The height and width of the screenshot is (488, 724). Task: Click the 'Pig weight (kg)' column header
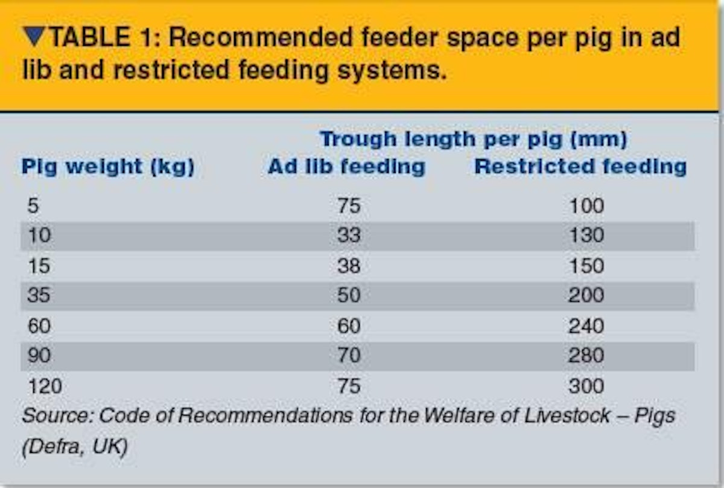(108, 167)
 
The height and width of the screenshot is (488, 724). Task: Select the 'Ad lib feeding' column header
(346, 166)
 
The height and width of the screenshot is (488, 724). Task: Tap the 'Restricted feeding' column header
(580, 166)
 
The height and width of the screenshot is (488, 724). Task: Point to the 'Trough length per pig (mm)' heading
(474, 140)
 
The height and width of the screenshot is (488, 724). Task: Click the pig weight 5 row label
(33, 206)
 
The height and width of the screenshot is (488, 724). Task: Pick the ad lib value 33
(349, 235)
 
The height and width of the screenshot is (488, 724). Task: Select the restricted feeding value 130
(586, 235)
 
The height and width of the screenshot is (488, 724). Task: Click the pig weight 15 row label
(39, 266)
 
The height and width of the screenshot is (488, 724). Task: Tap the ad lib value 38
(349, 266)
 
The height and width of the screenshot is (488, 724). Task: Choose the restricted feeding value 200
(586, 295)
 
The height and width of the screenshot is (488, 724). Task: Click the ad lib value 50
(349, 295)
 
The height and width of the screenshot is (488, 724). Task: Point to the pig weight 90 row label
(39, 356)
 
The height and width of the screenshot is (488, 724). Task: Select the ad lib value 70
(349, 356)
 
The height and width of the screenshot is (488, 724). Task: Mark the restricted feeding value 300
(586, 386)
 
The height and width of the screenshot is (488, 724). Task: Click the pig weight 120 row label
(45, 386)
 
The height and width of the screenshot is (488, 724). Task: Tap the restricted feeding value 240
(586, 326)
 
